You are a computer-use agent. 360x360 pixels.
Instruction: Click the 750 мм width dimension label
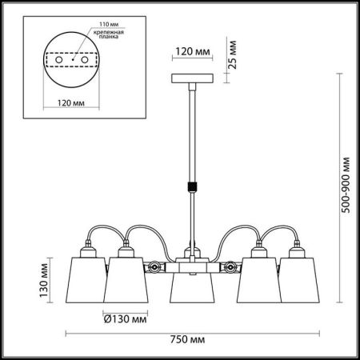(186, 339)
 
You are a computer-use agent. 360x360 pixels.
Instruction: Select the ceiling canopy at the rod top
(191, 78)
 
